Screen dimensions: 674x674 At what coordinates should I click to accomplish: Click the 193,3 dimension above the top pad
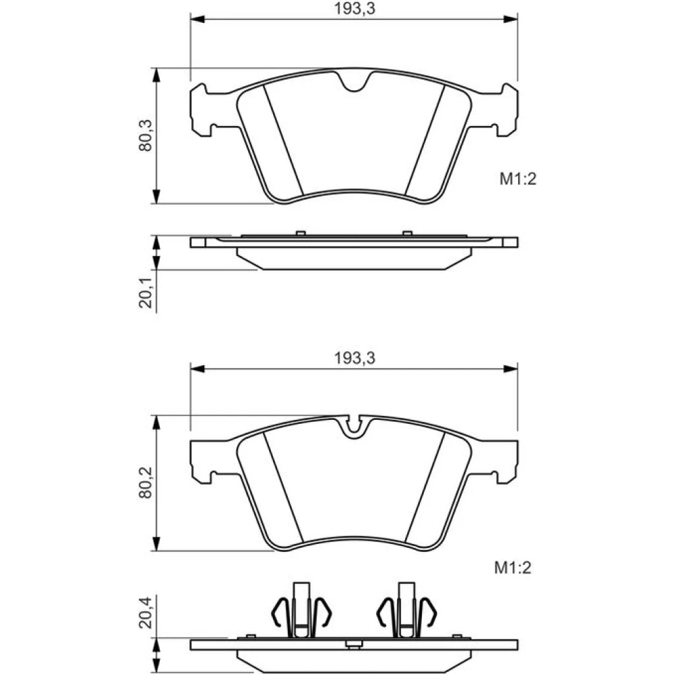click(x=355, y=8)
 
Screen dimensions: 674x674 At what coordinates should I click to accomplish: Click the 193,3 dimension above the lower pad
click(x=355, y=358)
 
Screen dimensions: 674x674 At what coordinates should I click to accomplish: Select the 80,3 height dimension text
click(x=146, y=135)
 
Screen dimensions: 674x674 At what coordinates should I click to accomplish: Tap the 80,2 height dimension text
click(x=146, y=483)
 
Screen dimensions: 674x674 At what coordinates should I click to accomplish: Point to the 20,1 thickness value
click(x=146, y=293)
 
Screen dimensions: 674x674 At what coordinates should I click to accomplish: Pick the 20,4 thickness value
click(x=146, y=613)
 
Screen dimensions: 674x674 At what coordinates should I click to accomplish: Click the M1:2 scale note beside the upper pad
click(x=518, y=179)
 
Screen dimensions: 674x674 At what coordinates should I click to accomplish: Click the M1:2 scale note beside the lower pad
click(x=513, y=568)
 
